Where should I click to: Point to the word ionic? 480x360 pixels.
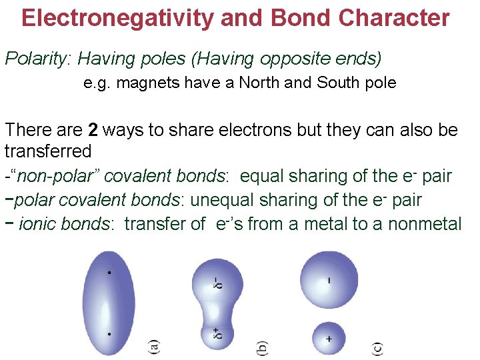tap(39, 223)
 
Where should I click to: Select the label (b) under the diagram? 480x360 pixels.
tap(263, 347)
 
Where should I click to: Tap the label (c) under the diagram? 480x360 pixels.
tap(377, 347)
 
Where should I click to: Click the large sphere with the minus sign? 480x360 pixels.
tap(329, 280)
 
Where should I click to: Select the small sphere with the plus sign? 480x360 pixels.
tap(329, 339)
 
